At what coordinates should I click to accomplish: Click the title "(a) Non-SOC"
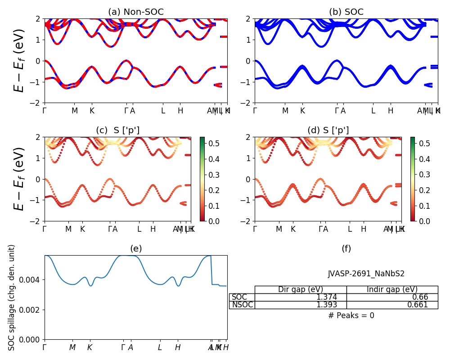pyautogui.click(x=136, y=12)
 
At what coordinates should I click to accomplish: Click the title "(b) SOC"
pyautogui.click(x=346, y=12)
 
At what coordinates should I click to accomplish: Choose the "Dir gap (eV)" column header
pyautogui.click(x=301, y=289)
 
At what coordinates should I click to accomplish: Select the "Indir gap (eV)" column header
pyautogui.click(x=392, y=289)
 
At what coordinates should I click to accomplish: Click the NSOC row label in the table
pyautogui.click(x=242, y=305)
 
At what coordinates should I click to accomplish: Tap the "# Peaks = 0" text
pyautogui.click(x=351, y=315)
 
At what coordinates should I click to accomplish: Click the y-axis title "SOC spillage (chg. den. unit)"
pyautogui.click(x=12, y=297)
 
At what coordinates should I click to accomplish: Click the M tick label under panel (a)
pyautogui.click(x=75, y=110)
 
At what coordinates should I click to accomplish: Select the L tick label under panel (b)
pyautogui.click(x=373, y=110)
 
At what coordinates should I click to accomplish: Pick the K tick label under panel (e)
pyautogui.click(x=90, y=347)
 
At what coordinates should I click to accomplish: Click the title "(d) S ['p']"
pyautogui.click(x=328, y=130)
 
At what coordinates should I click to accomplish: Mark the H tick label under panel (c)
pyautogui.click(x=153, y=229)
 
